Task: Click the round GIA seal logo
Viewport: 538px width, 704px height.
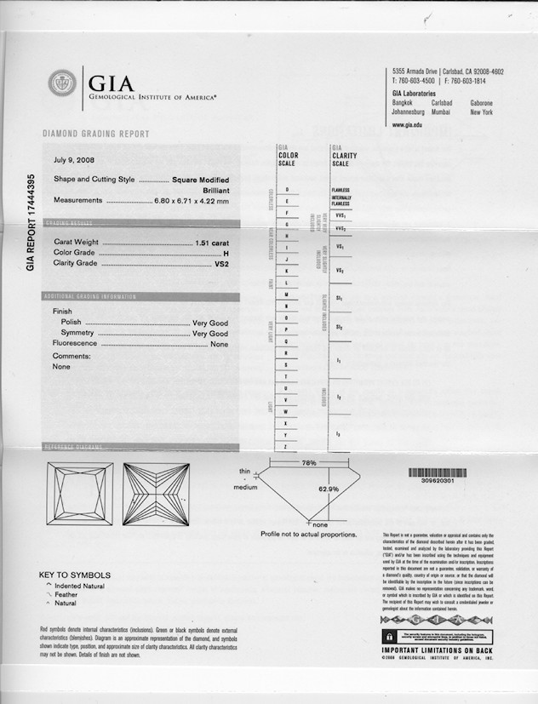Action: click(x=62, y=83)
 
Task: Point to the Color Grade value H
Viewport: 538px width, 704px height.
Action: click(x=226, y=253)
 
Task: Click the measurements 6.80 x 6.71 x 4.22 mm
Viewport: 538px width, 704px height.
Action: click(x=192, y=201)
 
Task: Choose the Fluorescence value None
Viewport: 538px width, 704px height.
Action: click(x=220, y=344)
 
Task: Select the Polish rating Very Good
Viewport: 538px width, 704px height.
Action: click(x=210, y=323)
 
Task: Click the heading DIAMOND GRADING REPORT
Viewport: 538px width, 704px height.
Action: click(x=95, y=134)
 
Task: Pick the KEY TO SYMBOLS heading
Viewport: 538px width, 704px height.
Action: click(x=74, y=575)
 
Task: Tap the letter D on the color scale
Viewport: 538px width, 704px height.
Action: click(x=287, y=188)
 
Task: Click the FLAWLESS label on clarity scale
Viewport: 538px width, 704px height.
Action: click(x=341, y=190)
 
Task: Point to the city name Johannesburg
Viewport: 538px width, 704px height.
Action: click(x=414, y=112)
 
